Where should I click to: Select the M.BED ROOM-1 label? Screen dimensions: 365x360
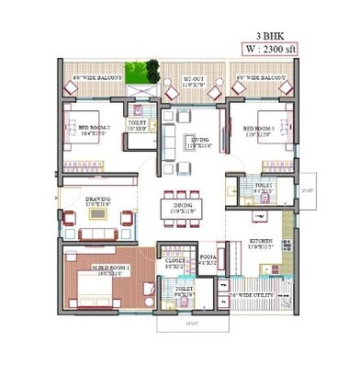105,269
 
